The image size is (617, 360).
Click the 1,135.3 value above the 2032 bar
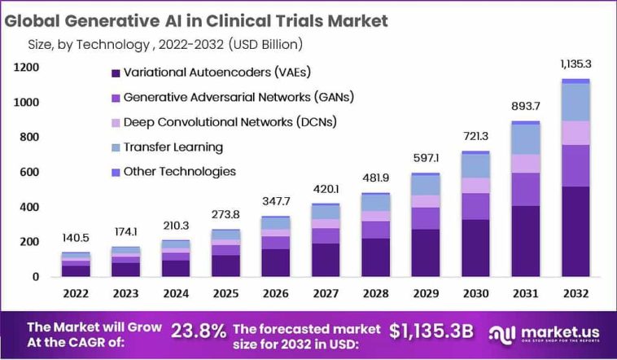click(x=575, y=64)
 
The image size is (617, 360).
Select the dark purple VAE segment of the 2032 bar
click(x=575, y=232)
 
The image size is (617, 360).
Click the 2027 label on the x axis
click(x=326, y=293)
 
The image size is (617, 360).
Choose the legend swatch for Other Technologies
click(x=115, y=172)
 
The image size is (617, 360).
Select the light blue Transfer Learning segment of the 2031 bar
click(x=525, y=139)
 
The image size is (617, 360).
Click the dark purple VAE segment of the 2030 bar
click(x=475, y=248)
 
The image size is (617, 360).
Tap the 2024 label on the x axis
click(x=176, y=293)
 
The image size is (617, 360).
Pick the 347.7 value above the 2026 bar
click(x=276, y=200)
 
